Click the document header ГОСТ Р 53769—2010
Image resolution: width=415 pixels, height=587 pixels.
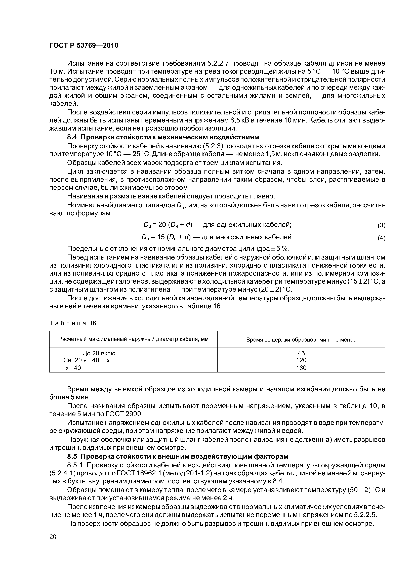tap(84, 46)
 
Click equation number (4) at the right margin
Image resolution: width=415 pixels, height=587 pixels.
tap(381, 238)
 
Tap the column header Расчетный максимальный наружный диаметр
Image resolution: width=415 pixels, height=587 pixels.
tap(134, 339)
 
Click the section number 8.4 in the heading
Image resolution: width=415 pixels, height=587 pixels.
tap(72, 137)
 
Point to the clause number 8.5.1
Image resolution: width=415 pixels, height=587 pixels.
tap(74, 465)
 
